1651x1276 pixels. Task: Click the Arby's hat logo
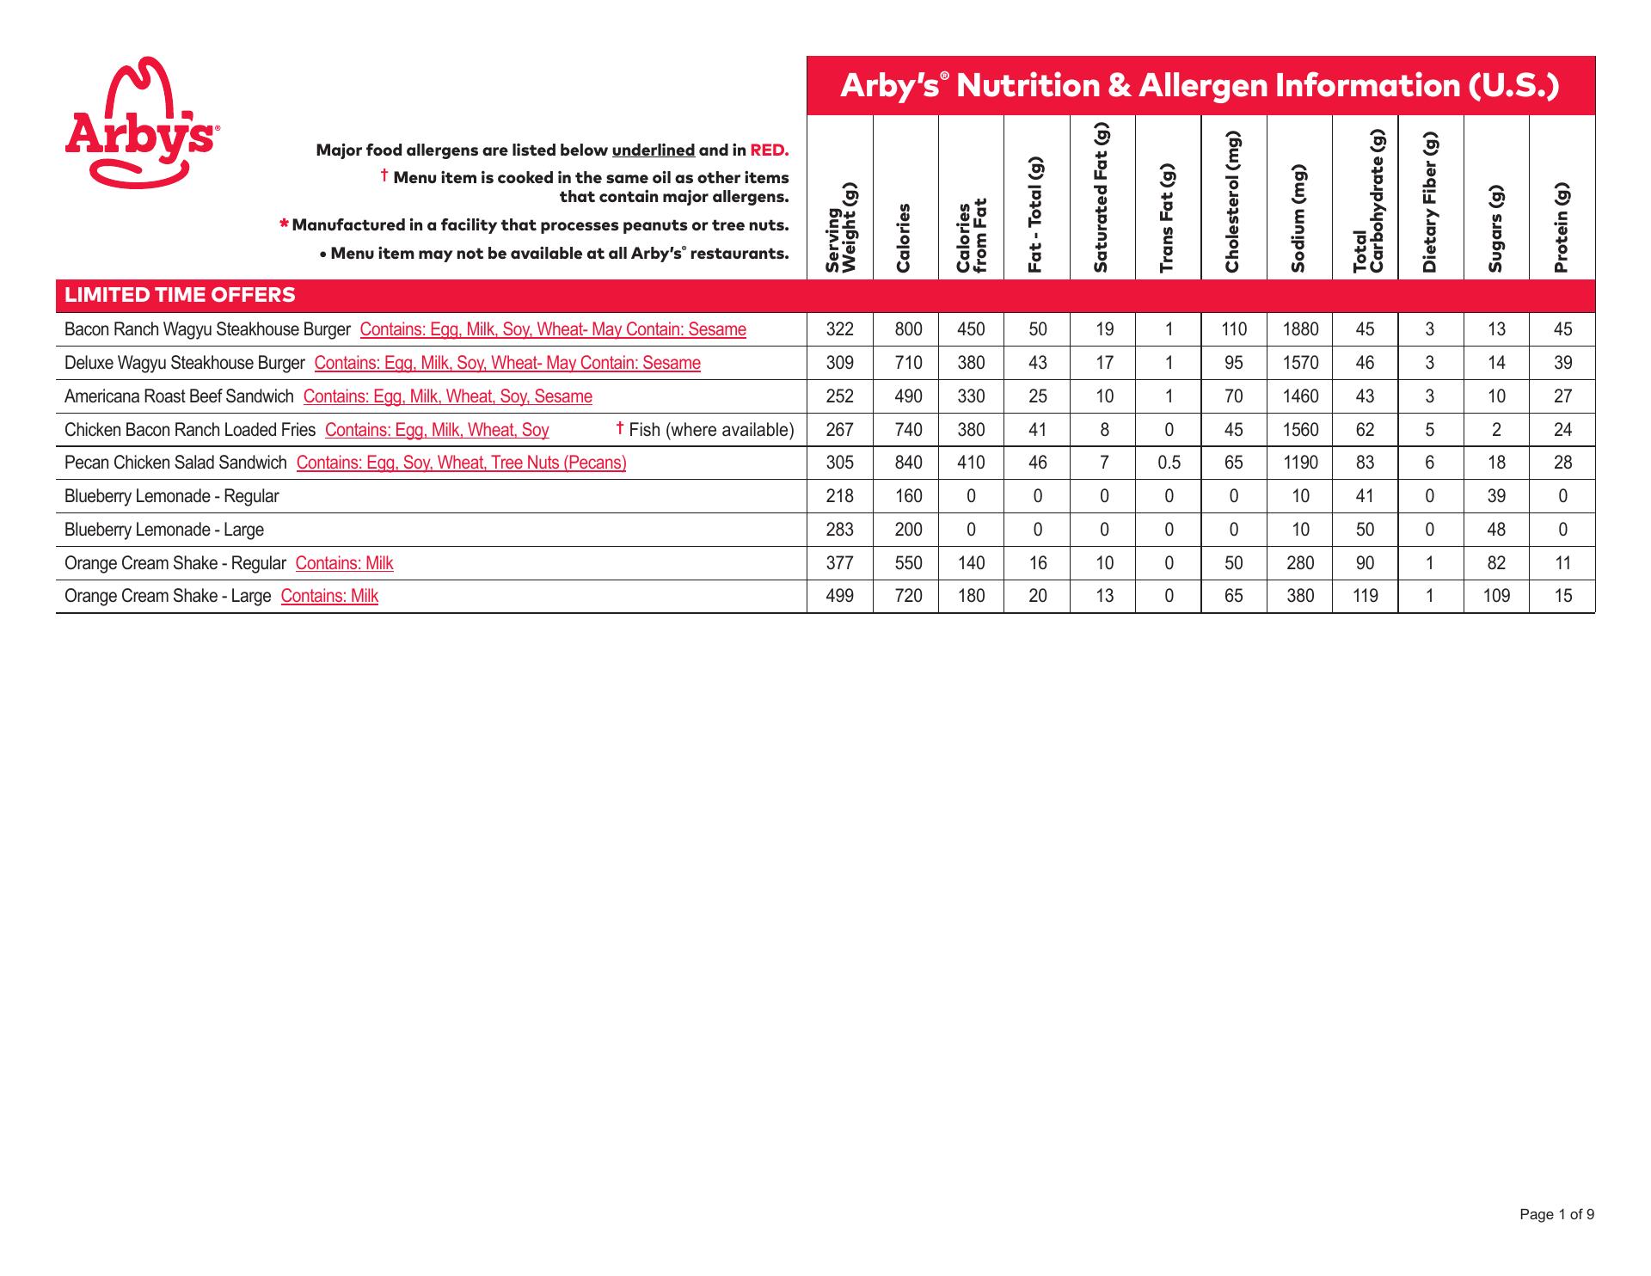tap(141, 122)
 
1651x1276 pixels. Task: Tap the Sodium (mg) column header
tap(1298, 218)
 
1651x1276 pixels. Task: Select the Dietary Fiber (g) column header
tap(1430, 202)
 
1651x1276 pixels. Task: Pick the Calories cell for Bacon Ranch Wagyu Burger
tap(908, 329)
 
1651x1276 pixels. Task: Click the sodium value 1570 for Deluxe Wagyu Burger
tap(1300, 363)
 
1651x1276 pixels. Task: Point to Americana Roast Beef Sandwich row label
tap(179, 396)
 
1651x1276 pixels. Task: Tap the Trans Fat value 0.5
tap(1169, 463)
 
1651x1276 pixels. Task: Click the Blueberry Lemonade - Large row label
tap(164, 530)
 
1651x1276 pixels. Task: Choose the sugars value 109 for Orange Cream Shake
tap(1496, 596)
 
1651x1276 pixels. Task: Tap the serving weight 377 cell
tap(839, 563)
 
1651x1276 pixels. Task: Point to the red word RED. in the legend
tap(769, 150)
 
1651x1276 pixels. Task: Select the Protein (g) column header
tap(1562, 228)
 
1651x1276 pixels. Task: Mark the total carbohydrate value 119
tap(1365, 596)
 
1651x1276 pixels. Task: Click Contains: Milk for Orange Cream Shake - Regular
tap(344, 563)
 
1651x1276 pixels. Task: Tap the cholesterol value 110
tap(1233, 329)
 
